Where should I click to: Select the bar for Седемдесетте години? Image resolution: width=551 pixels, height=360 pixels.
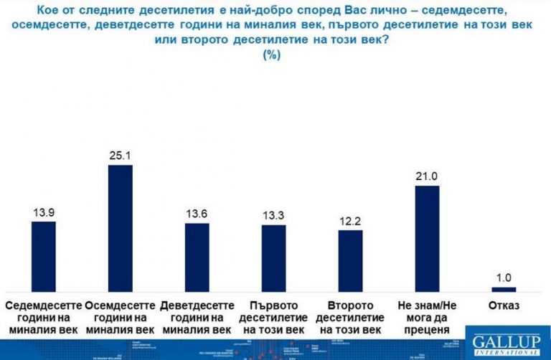pyautogui.click(x=44, y=255)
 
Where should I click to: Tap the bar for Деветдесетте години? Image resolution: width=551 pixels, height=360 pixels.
pyautogui.click(x=197, y=257)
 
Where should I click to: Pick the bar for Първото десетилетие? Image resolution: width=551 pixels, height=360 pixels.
pyautogui.click(x=273, y=257)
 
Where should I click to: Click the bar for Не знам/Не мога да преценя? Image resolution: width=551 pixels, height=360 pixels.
pyautogui.click(x=427, y=238)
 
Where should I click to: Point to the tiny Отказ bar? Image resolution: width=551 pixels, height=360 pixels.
pyautogui.click(x=504, y=289)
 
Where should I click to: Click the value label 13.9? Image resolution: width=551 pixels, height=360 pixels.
pyautogui.click(x=44, y=212)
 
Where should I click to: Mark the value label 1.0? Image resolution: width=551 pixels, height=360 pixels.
pyautogui.click(x=504, y=278)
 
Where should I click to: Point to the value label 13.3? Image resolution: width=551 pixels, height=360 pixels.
pyautogui.click(x=273, y=216)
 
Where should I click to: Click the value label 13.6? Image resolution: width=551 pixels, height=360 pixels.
pyautogui.click(x=197, y=214)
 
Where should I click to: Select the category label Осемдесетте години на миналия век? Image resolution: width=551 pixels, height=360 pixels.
pyautogui.click(x=120, y=317)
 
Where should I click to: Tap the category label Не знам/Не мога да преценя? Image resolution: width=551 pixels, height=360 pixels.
pyautogui.click(x=427, y=317)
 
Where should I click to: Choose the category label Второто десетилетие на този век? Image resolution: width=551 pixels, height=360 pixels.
pyautogui.click(x=350, y=317)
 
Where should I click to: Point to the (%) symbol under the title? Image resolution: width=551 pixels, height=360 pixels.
pyautogui.click(x=273, y=55)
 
